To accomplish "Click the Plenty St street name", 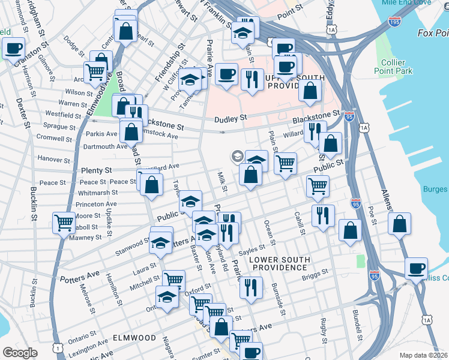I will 96,171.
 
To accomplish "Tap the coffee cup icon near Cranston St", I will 13,49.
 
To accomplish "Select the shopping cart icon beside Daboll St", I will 63,223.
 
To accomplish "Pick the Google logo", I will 20,352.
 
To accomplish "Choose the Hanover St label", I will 55,160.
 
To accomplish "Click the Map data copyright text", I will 423,355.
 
